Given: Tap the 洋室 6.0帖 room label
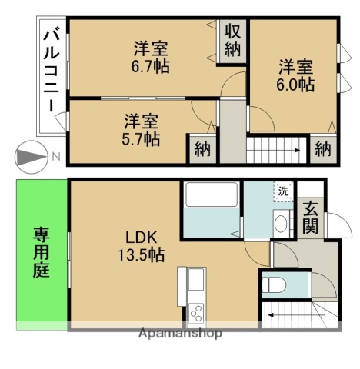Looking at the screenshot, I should tap(296, 75).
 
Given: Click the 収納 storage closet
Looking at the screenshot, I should tap(233, 39).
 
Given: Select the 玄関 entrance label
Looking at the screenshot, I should tap(311, 217).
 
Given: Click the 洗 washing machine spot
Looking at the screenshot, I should tap(284, 191).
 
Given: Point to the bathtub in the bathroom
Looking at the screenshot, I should tap(212, 204).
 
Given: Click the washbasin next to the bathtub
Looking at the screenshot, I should tap(281, 224).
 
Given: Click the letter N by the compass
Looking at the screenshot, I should tap(57, 158).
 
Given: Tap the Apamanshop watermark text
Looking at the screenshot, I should tap(179, 334).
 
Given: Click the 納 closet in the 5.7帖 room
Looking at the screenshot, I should tap(202, 149).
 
